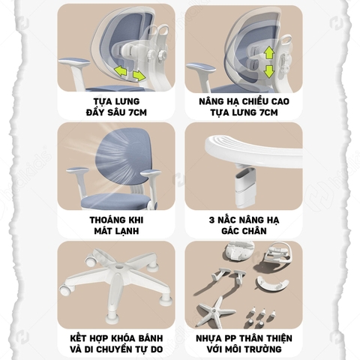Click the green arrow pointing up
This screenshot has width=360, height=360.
click(269, 53)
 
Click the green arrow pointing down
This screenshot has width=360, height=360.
click(269, 71)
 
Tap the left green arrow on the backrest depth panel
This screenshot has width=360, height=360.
click(120, 70)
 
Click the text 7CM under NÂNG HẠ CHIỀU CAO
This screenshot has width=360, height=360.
click(268, 112)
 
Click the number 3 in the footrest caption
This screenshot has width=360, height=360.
click(211, 220)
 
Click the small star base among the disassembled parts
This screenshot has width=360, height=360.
click(215, 311)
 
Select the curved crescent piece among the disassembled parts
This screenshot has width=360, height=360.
click(272, 284)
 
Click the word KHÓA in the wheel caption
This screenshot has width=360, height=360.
click(122, 338)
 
